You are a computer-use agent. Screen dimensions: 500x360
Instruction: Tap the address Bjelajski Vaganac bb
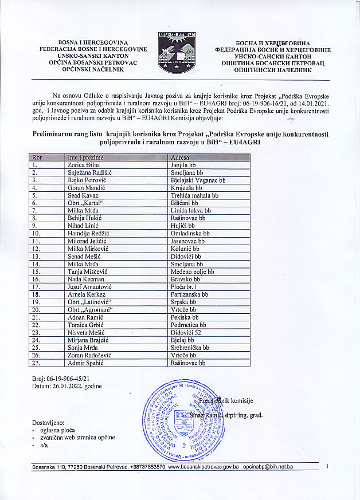198,180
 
